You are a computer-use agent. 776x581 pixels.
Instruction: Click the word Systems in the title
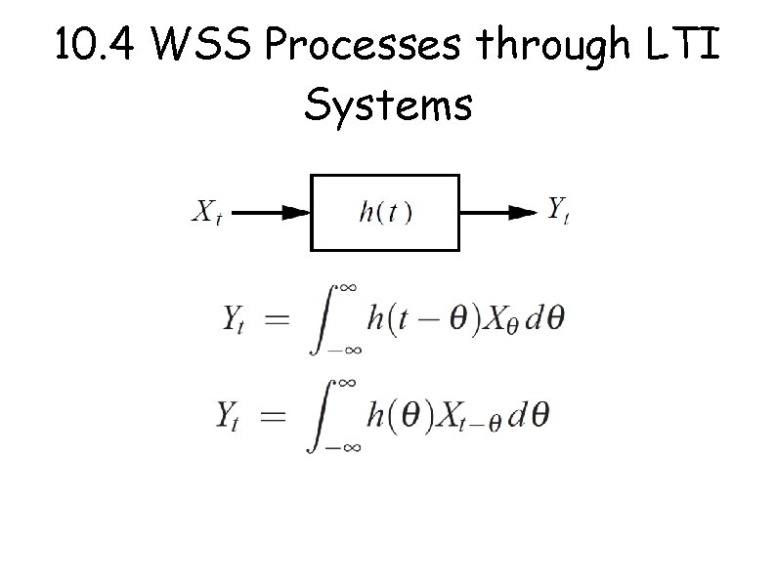pyautogui.click(x=388, y=104)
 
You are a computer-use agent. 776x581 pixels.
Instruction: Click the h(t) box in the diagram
pyautogui.click(x=385, y=212)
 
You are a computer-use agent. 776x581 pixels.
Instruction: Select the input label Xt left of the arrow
pyautogui.click(x=205, y=211)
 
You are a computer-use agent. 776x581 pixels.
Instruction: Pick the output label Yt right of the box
pyautogui.click(x=558, y=209)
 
